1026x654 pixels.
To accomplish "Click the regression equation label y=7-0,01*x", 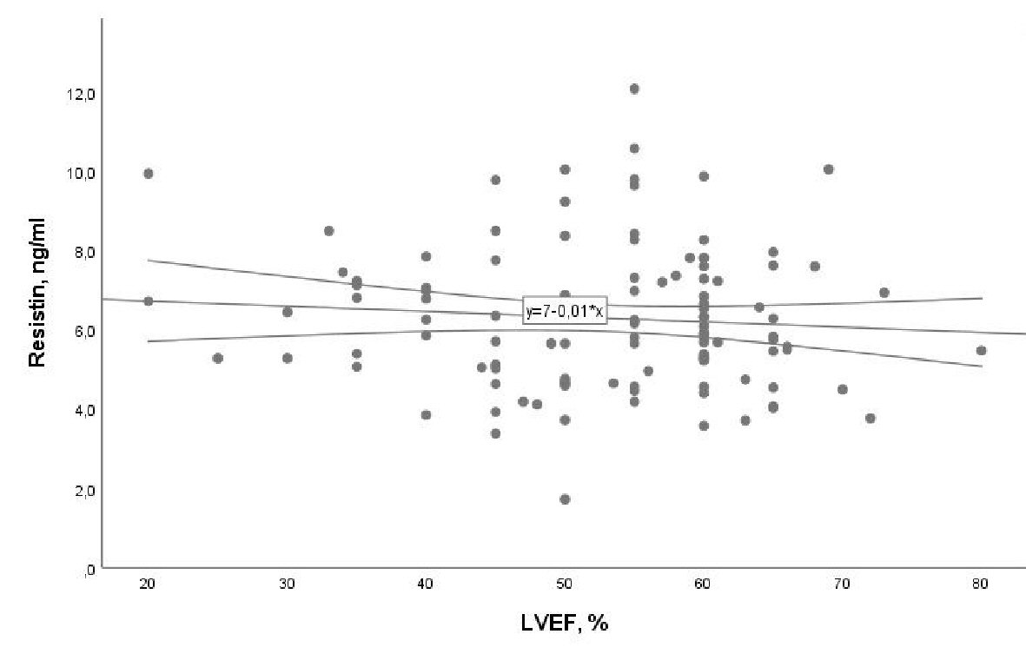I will (x=564, y=311).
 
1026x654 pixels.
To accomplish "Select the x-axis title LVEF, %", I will (x=565, y=623).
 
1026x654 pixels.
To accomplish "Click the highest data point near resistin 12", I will (x=634, y=89).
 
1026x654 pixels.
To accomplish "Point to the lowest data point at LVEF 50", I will (x=565, y=499).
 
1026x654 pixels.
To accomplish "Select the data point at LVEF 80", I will (x=981, y=351).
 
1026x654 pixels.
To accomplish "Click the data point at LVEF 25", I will (x=217, y=359).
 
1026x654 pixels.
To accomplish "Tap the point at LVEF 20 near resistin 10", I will (x=148, y=174).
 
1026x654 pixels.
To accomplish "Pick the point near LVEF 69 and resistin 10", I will (x=828, y=169).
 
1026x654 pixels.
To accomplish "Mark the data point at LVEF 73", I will (x=884, y=293).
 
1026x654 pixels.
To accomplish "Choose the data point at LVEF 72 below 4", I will (x=870, y=419).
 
